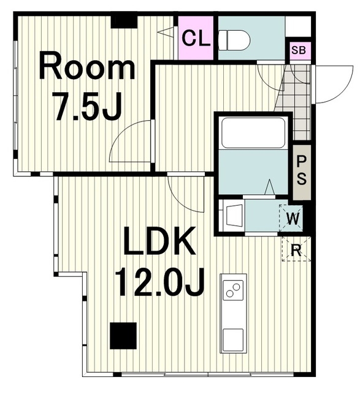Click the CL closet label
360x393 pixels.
(196, 38)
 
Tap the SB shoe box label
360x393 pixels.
(299, 50)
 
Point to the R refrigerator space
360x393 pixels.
(296, 249)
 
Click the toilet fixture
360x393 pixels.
(234, 41)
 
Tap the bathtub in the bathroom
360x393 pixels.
(253, 133)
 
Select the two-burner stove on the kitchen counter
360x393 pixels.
(233, 290)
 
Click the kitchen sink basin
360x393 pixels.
(233, 338)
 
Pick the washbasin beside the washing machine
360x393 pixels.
(234, 216)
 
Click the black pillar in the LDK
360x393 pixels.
(123, 335)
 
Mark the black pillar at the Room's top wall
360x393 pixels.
(124, 22)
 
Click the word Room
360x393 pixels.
(86, 66)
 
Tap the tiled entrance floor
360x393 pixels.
(296, 100)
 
